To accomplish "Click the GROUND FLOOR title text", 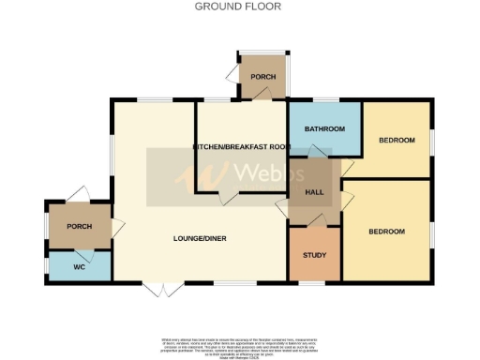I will pos(237,6).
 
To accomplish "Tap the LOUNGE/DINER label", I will pos(200,238).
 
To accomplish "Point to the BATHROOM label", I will pos(324,128).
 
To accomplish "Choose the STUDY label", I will pos(313,256).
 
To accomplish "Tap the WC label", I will pos(79,266).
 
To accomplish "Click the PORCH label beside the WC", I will pos(79,225).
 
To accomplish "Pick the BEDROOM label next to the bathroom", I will pos(397,141).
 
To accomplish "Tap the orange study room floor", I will pos(313,267).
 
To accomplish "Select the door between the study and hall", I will pos(316,221).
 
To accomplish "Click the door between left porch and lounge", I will pos(116,226).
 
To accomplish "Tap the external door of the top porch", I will pos(232,74).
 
